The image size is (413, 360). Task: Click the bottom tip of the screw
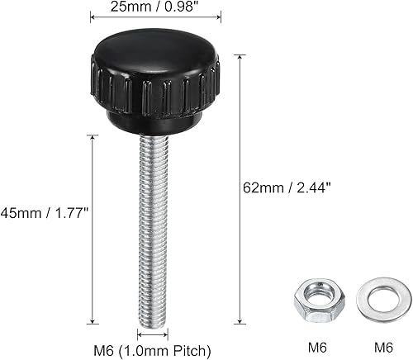[153, 322]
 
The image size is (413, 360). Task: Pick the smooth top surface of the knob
[154, 58]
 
